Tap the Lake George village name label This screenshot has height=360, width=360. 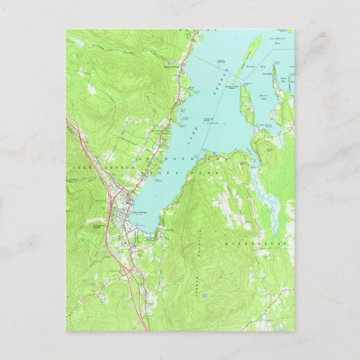(140, 211)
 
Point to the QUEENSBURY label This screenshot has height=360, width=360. (260, 244)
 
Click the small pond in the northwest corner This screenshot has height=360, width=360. (78, 42)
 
